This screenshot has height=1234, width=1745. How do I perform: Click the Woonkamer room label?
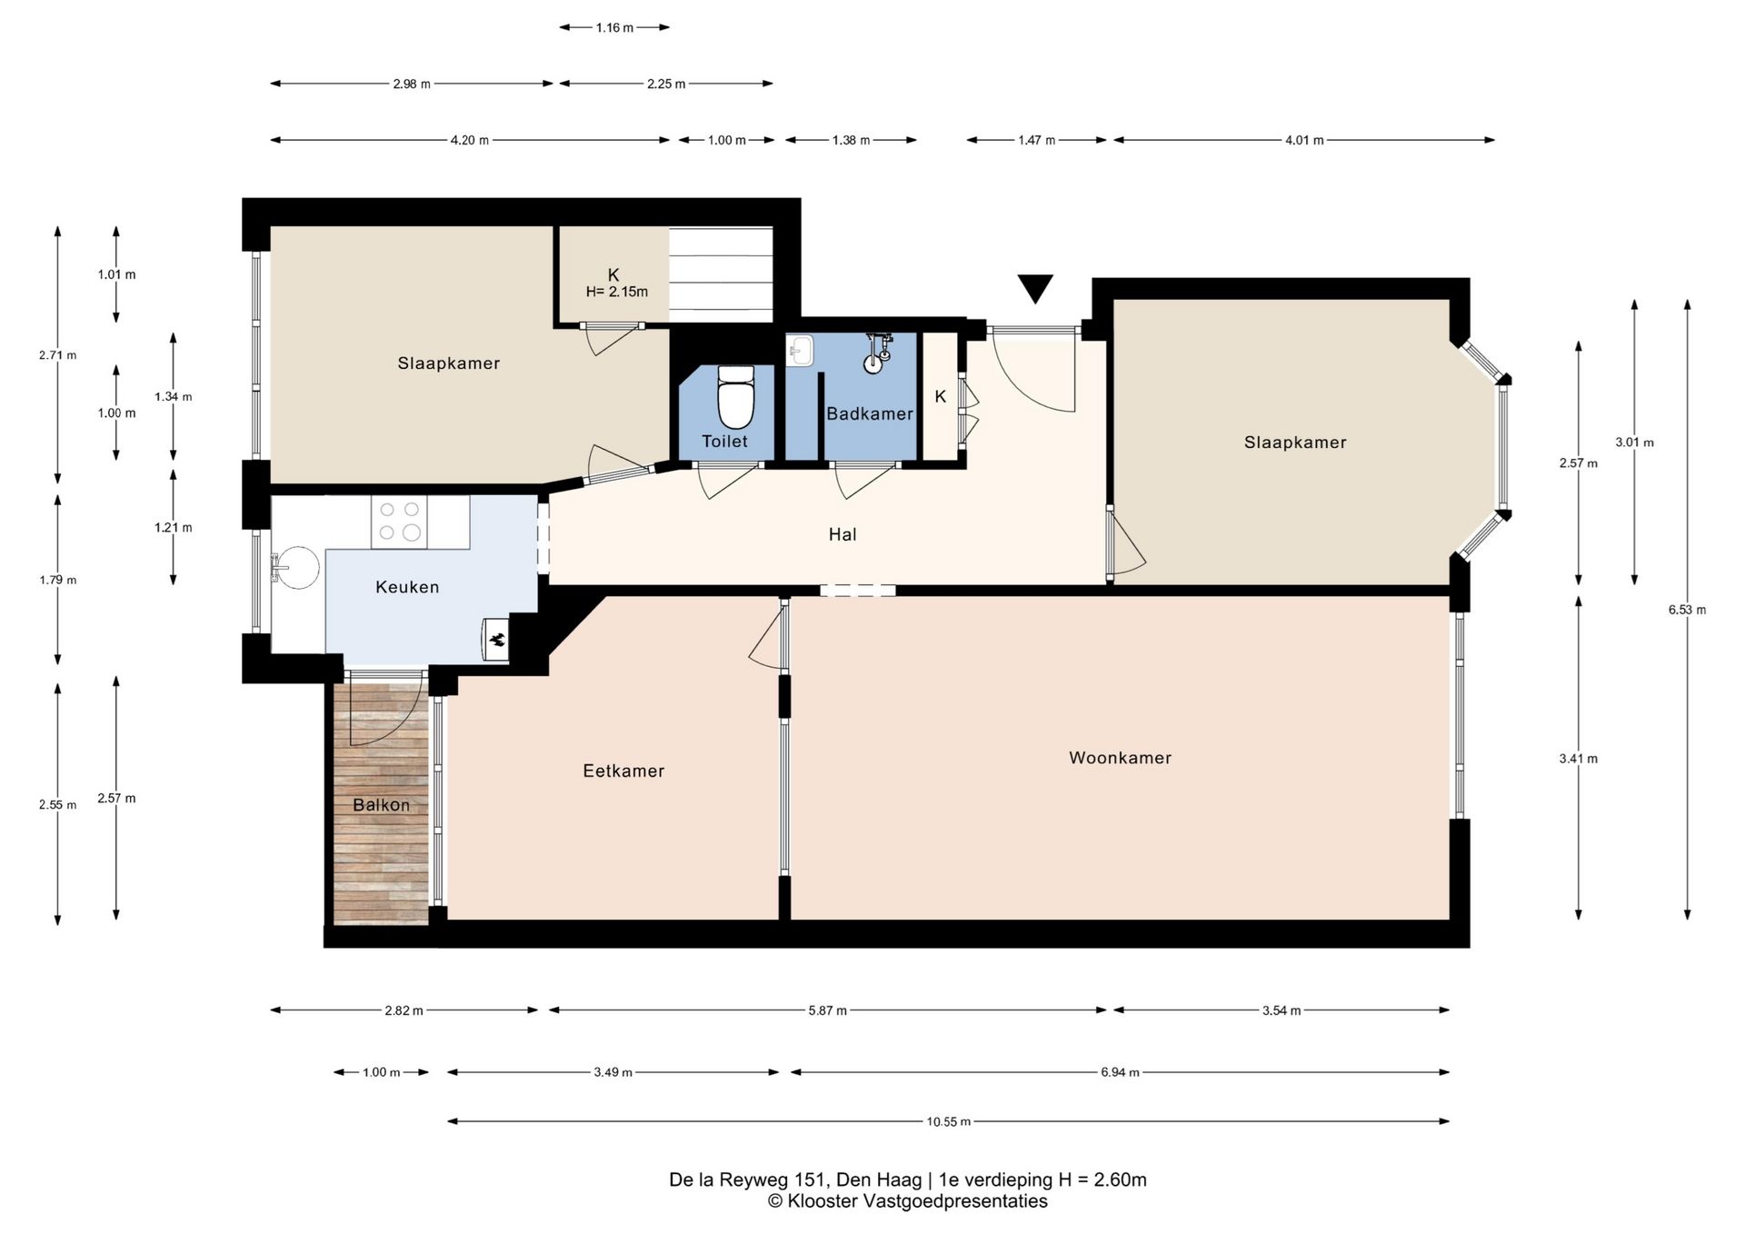[1120, 758]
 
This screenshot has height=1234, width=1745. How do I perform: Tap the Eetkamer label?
[623, 771]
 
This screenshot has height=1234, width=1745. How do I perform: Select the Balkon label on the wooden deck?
[381, 805]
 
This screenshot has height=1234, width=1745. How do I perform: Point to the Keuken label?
[407, 587]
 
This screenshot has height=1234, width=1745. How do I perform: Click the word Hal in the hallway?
[843, 534]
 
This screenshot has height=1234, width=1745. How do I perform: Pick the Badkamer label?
[870, 413]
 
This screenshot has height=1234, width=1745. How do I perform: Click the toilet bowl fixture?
[736, 396]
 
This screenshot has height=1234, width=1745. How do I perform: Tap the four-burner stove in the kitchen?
[399, 522]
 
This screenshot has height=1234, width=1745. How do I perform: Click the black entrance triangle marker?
[1035, 288]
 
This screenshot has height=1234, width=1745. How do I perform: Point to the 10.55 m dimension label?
[949, 1121]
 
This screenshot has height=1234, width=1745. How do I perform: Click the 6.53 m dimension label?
[1687, 610]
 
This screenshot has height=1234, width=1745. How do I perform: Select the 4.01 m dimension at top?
[1304, 140]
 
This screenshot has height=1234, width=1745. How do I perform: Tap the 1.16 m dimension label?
[614, 27]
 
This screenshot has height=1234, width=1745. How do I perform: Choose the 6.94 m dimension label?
[1120, 1072]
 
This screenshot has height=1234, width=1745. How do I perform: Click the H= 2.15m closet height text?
[617, 292]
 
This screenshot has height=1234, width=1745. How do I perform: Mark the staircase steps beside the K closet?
[721, 274]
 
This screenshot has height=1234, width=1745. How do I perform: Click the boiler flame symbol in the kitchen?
[496, 639]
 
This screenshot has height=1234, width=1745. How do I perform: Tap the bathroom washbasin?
[800, 350]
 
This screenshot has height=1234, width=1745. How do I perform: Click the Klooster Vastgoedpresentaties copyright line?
[907, 1201]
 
